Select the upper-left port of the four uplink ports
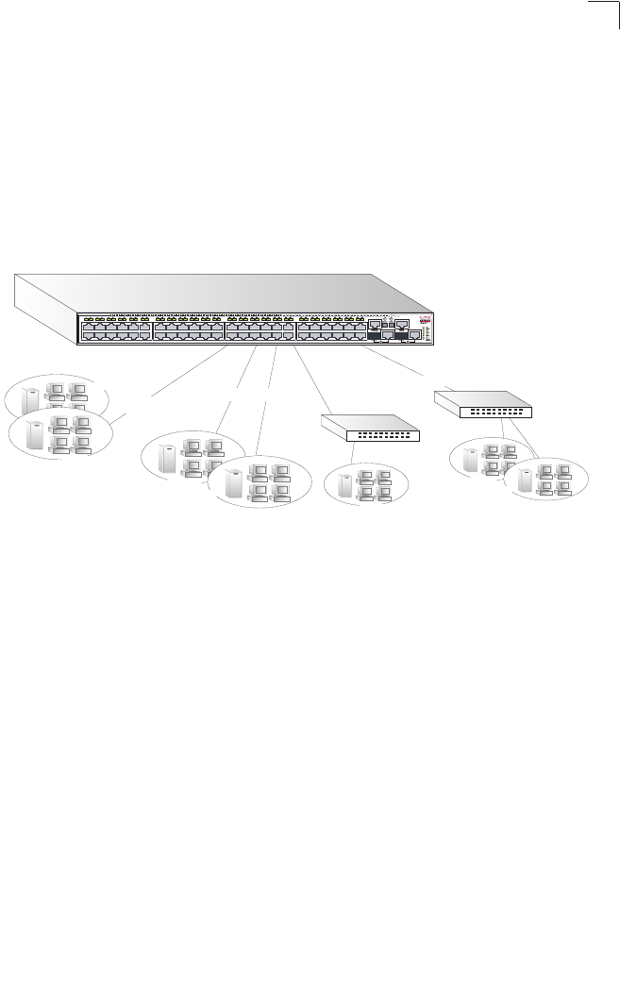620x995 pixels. [x=376, y=324]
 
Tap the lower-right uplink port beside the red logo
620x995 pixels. [x=413, y=334]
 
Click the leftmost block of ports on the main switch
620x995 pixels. [x=115, y=329]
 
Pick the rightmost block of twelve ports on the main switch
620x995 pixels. [x=330, y=329]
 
